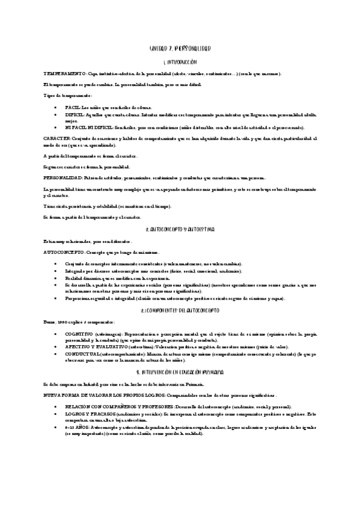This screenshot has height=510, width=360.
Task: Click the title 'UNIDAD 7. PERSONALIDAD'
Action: [x=180, y=48]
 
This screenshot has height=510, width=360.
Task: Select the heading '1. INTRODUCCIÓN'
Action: [x=180, y=62]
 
